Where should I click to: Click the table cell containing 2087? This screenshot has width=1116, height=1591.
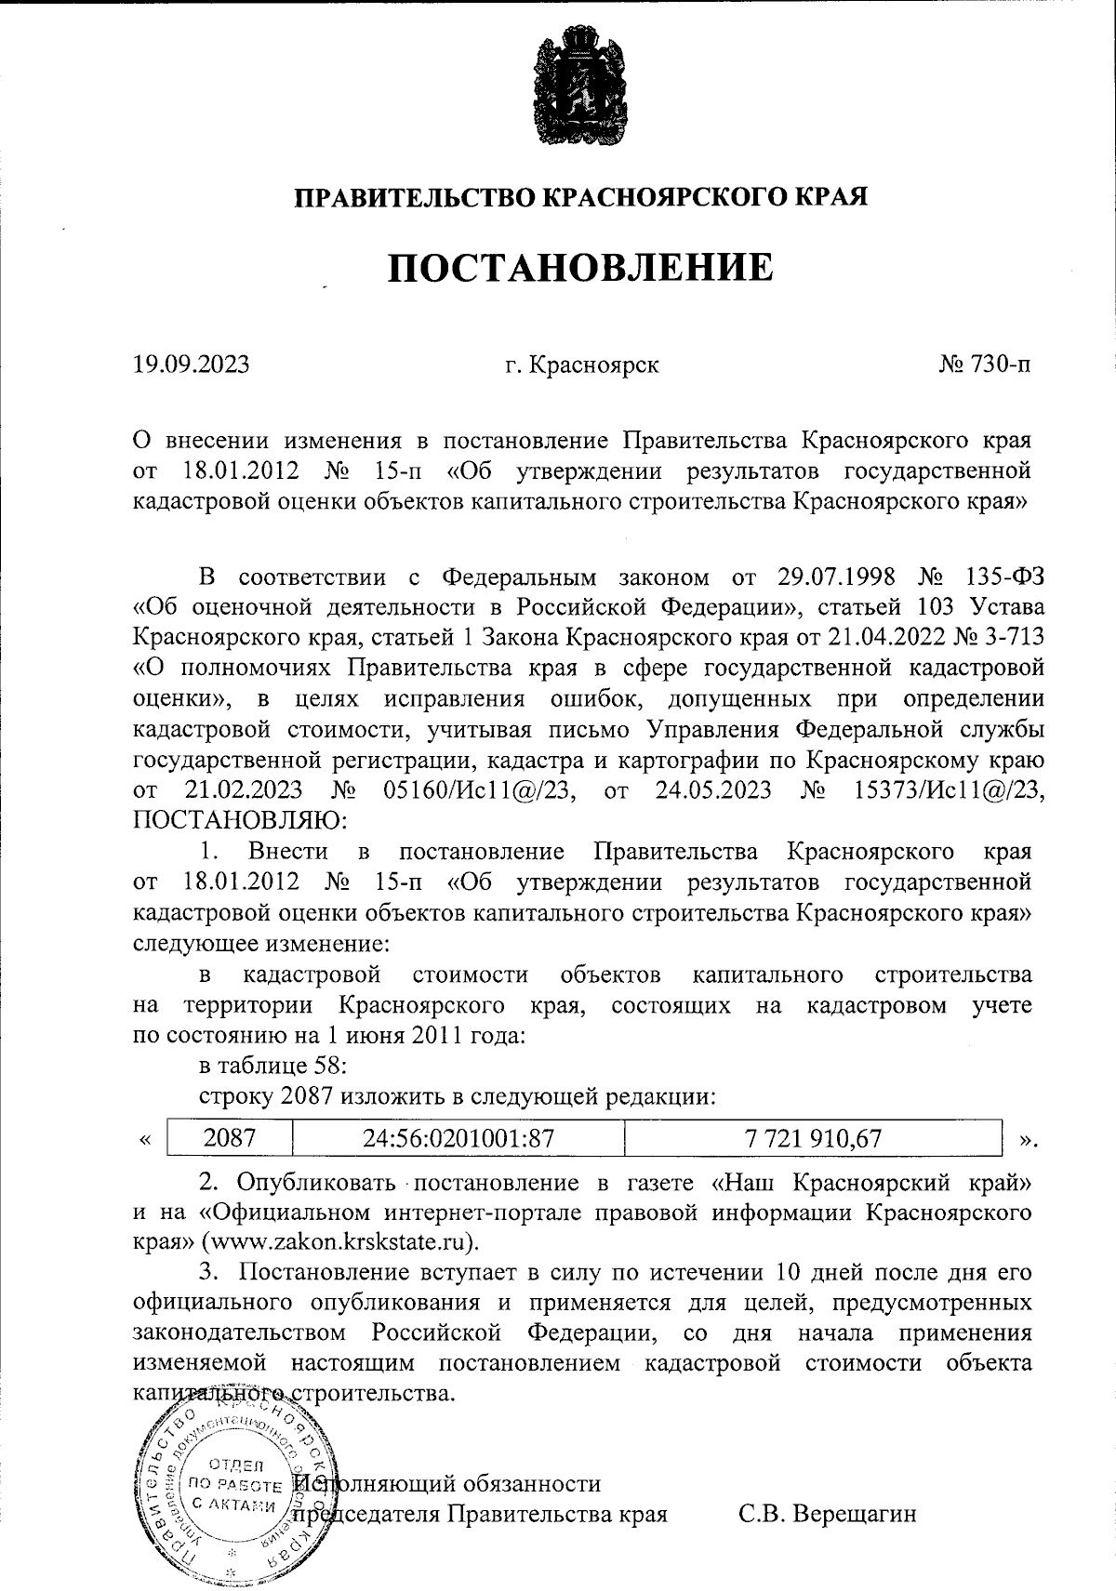point(230,1137)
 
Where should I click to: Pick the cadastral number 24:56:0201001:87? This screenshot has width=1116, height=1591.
point(458,1137)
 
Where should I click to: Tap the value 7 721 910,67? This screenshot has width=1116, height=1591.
point(814,1137)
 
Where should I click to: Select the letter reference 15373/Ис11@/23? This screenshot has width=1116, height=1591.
point(949,790)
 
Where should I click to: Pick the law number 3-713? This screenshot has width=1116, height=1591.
point(1009,637)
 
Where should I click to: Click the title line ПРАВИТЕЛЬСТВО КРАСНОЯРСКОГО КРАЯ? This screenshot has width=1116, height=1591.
point(581,196)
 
